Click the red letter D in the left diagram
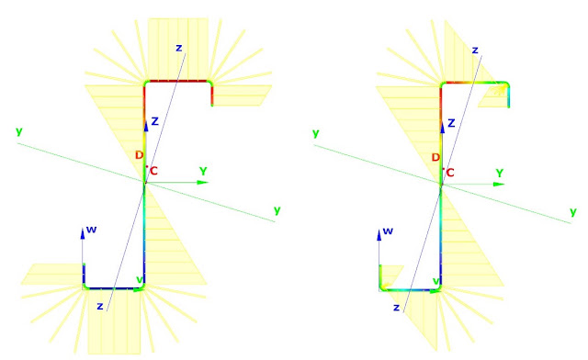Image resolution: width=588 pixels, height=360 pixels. click(x=139, y=155)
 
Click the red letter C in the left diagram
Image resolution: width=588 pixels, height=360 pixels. click(x=153, y=172)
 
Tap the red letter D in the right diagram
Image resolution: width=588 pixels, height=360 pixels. click(x=435, y=157)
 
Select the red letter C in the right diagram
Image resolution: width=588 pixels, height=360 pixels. click(x=450, y=173)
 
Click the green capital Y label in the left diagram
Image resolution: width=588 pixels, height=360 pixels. click(x=203, y=172)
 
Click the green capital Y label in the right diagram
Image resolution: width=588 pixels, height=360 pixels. click(x=500, y=174)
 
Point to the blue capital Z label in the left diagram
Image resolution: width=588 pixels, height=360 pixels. click(x=155, y=121)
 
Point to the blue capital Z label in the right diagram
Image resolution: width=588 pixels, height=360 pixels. click(x=451, y=123)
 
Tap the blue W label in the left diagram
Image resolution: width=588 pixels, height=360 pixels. click(x=91, y=230)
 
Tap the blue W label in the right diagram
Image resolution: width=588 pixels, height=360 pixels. click(x=388, y=231)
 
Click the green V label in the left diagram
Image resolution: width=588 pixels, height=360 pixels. click(x=140, y=280)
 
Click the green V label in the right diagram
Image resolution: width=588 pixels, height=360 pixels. click(x=436, y=281)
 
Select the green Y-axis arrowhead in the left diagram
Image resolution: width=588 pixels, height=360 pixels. click(x=203, y=183)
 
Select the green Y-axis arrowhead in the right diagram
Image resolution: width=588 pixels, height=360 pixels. click(x=499, y=184)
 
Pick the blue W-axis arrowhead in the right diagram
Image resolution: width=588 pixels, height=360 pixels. click(x=379, y=235)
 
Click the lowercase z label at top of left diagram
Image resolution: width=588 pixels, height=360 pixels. click(x=179, y=48)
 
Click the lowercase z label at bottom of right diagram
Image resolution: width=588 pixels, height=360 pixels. click(x=396, y=308)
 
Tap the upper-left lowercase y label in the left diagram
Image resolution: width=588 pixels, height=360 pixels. click(x=19, y=131)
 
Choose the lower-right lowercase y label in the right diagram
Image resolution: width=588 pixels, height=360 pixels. click(x=573, y=212)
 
